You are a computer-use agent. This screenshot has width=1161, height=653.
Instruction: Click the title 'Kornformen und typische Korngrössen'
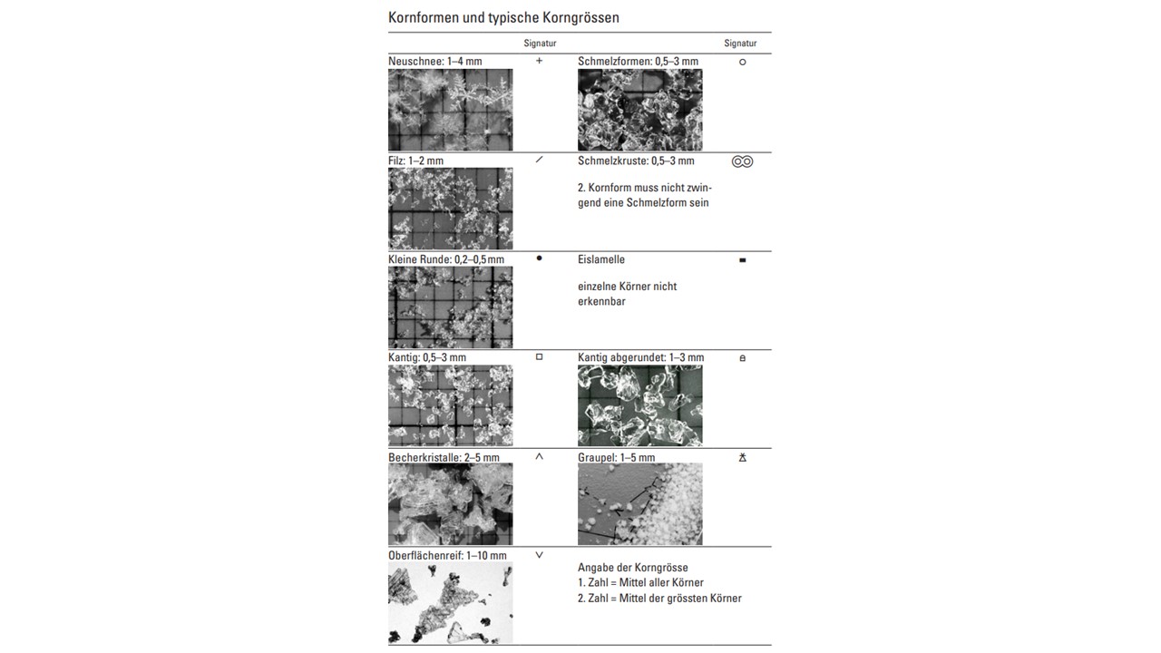(x=503, y=17)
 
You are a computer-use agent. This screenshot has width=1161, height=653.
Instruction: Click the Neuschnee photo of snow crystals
(x=450, y=110)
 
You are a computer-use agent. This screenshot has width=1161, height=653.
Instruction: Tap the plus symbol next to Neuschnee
(x=539, y=61)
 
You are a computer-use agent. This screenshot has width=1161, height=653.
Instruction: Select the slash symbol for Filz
(x=539, y=160)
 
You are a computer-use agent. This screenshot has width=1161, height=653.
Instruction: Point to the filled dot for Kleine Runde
(x=539, y=258)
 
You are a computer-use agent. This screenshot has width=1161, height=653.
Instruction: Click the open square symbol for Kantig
(x=539, y=357)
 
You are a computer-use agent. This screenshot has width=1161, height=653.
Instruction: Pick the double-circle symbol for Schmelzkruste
(x=742, y=161)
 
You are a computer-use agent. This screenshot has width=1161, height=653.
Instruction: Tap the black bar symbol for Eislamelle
(x=742, y=260)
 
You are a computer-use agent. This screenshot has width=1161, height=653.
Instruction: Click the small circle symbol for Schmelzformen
(x=742, y=63)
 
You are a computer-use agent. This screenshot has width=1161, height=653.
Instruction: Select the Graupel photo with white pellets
(x=639, y=504)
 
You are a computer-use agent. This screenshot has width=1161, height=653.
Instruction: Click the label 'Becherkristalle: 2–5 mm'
(x=444, y=457)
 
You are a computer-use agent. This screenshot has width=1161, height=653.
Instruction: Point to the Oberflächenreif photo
(x=450, y=603)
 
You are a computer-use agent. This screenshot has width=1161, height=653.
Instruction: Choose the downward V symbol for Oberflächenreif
(x=539, y=555)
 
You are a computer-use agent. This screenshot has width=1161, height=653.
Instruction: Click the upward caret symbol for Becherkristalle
(x=539, y=456)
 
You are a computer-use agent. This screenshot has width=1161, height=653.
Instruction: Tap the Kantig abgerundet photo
(x=639, y=405)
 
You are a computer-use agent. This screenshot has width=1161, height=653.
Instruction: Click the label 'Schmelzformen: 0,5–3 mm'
(x=638, y=62)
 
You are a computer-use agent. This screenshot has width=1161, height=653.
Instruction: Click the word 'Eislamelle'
(x=600, y=259)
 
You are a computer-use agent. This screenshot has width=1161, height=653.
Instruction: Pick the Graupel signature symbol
(x=742, y=458)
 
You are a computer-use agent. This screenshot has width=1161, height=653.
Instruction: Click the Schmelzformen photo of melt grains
(x=639, y=110)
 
